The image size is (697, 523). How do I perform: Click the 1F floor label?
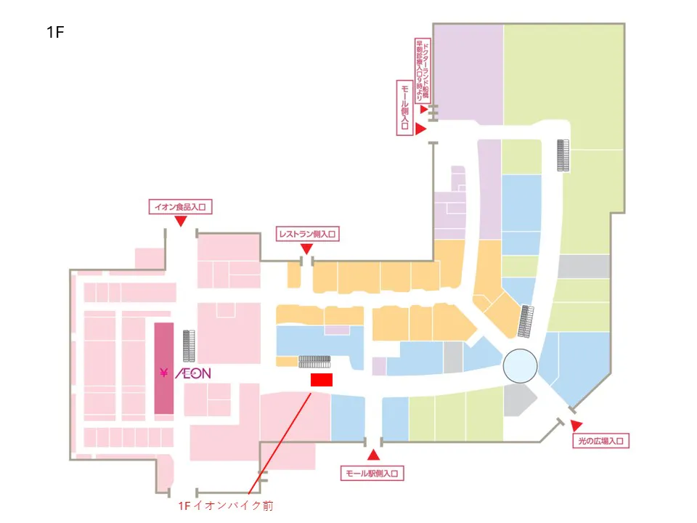coord(55,33)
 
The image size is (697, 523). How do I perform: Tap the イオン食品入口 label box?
coord(179,207)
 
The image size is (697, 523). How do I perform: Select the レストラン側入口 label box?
coord(308,234)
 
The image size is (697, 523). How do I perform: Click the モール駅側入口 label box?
coord(372,474)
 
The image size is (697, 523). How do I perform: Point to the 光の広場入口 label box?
coord(600,441)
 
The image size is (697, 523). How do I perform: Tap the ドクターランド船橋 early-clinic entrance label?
coord(422,69)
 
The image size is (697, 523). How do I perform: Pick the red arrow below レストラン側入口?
coord(306,249)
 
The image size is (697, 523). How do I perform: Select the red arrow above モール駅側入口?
coord(373,455)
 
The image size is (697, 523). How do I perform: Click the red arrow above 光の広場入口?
coord(576,424)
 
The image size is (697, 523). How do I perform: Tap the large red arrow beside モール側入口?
coord(420,128)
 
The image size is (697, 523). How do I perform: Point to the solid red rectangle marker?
coord(321,379)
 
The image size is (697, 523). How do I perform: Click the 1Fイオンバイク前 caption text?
coord(226,506)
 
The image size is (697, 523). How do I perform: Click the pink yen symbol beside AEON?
coord(164,373)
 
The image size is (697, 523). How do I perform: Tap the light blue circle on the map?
coord(521,365)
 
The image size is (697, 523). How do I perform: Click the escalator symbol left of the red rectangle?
coord(315,361)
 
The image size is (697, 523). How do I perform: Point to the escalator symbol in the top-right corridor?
coord(563,155)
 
